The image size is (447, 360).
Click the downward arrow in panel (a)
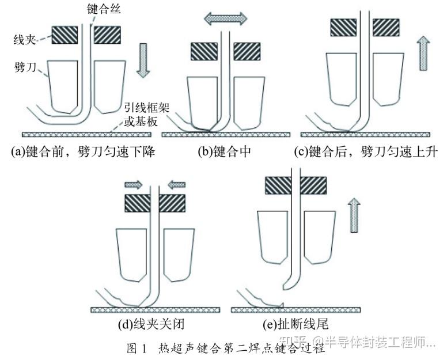pos(143,63)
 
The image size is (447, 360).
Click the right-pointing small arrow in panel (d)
pos(133,184)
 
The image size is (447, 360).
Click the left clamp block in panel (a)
pos(65,35)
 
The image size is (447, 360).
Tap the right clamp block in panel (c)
pos(387,26)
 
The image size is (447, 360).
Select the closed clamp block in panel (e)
pos(296,185)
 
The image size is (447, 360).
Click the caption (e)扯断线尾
pos(294,324)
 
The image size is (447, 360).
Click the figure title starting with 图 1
pos(224,348)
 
